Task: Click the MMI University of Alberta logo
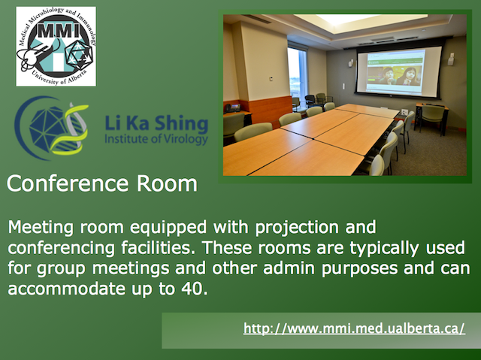[x=56, y=47]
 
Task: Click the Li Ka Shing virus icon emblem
[x=52, y=129]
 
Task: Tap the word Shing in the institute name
[x=181, y=124]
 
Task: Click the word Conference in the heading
[x=68, y=183]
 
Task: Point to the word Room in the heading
[x=167, y=183]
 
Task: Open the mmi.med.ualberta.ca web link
[x=354, y=328]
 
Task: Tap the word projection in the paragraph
[x=297, y=228]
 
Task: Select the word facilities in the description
[x=159, y=248]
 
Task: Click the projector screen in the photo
[x=399, y=71]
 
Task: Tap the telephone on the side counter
[x=231, y=108]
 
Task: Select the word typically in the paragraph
[x=384, y=248]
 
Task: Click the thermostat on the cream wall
[x=271, y=79]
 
